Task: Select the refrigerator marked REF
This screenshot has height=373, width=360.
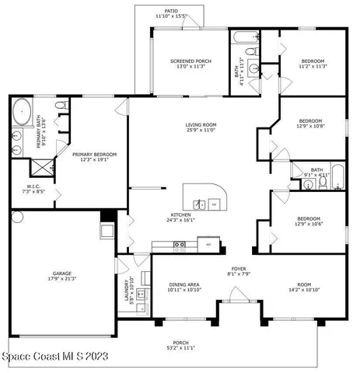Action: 208,245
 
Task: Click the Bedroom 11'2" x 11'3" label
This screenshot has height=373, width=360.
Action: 313,64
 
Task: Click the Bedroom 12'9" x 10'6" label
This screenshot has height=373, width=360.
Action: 309,221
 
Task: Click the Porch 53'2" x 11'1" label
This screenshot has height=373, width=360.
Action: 180,345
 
